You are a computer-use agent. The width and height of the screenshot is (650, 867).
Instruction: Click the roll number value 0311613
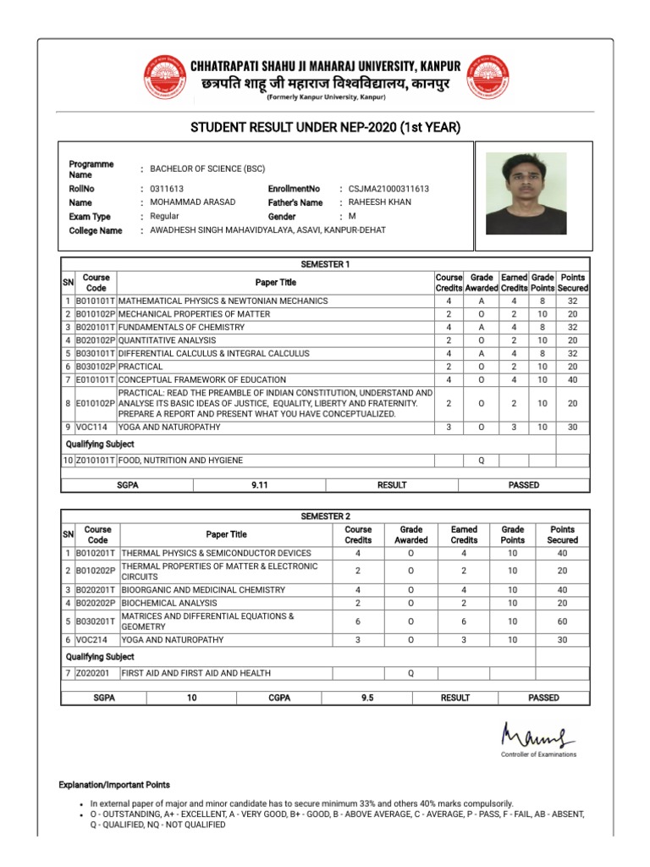(x=167, y=189)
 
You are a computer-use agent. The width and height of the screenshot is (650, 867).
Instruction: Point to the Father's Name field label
(x=295, y=203)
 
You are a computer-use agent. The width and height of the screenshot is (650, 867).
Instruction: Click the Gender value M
(x=352, y=217)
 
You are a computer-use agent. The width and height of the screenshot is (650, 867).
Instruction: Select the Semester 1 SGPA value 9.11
(x=260, y=485)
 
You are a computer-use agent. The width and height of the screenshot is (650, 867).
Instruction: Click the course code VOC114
(x=91, y=428)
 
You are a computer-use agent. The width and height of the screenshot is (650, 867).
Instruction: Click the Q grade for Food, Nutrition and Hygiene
(x=482, y=461)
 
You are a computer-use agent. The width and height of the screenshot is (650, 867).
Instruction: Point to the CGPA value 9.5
(x=366, y=698)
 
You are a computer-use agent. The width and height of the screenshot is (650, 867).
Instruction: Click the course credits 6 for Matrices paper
(x=358, y=621)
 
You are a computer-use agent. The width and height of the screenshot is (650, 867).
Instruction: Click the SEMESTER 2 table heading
(x=325, y=516)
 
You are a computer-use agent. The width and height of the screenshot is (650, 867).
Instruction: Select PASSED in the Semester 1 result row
(x=523, y=485)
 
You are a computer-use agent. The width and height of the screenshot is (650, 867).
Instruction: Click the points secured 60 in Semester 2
(x=562, y=621)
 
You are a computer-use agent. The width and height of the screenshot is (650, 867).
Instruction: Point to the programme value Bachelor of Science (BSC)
(x=207, y=168)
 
